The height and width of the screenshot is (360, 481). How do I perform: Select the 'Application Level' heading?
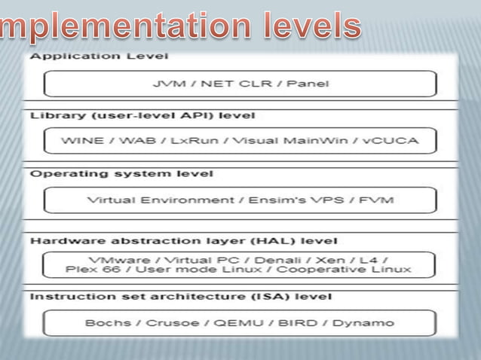click(99, 56)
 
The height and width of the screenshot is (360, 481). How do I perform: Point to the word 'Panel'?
click(308, 84)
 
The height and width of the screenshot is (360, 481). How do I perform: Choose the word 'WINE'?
click(82, 141)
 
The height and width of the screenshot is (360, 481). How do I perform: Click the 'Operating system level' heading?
click(121, 173)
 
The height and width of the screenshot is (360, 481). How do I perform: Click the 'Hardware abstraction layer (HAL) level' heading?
click(172, 242)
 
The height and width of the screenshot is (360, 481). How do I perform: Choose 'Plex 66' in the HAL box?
click(86, 269)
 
